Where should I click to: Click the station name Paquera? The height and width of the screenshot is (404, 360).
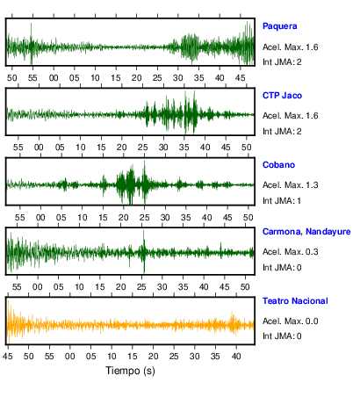pos(279,26)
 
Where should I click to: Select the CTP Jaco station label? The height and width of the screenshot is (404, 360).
pos(282,96)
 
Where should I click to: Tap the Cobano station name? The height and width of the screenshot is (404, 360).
pos(278,165)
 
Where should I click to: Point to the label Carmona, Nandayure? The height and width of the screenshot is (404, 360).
pos(306,232)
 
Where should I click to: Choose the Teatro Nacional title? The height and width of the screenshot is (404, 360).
pos(295,301)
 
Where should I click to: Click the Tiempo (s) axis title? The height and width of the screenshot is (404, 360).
pos(130,371)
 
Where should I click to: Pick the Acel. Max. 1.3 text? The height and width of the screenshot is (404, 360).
pos(290,185)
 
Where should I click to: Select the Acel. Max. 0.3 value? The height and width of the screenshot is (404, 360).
pos(290,252)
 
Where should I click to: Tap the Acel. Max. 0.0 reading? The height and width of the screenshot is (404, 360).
pos(290,321)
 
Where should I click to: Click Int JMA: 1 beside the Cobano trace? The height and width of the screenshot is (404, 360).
pos(282,201)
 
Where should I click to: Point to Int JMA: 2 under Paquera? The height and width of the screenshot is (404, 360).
pos(282,62)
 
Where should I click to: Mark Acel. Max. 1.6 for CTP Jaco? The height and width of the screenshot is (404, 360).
pos(290,116)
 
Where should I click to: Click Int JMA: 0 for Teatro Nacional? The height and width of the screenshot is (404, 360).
pos(282,335)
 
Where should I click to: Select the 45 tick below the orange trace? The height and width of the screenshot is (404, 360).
pos(8,357)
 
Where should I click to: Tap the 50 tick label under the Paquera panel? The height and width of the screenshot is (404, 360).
pos(11,78)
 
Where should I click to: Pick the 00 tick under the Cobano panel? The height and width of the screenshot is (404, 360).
pos(40,218)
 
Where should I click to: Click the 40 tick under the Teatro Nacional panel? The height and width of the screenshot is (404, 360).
pos(236,357)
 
